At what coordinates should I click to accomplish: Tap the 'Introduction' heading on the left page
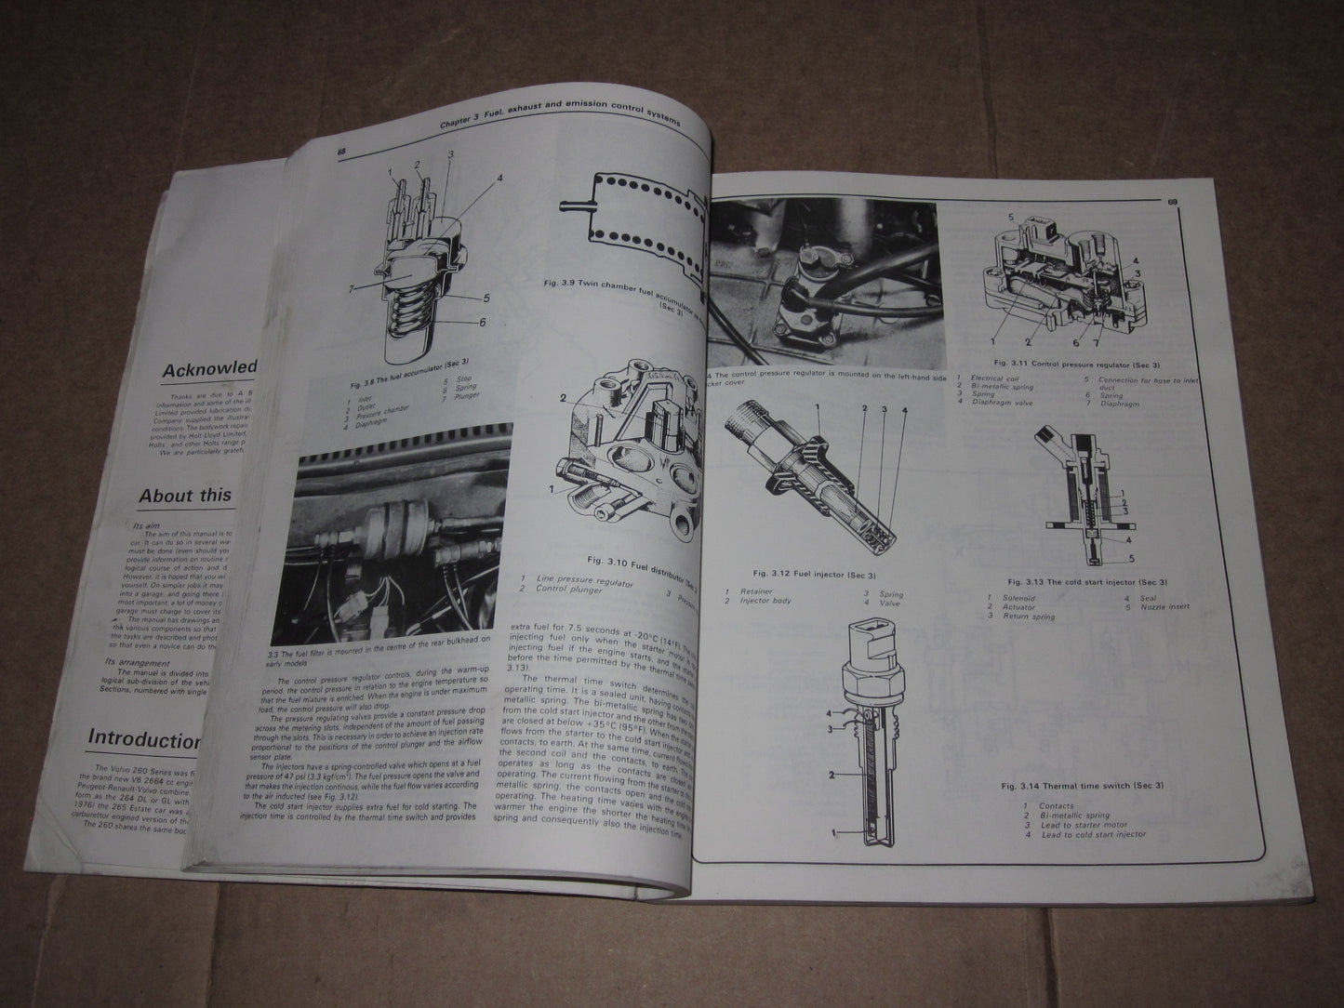(x=144, y=738)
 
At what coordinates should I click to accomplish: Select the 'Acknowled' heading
(x=209, y=368)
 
